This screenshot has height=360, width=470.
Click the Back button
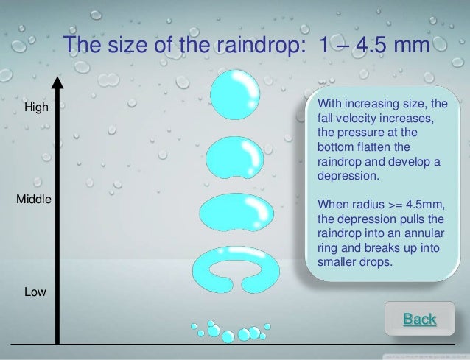419,319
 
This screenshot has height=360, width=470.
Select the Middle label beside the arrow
33,199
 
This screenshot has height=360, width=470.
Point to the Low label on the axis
35,292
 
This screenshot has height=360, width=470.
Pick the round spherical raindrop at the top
235,96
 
